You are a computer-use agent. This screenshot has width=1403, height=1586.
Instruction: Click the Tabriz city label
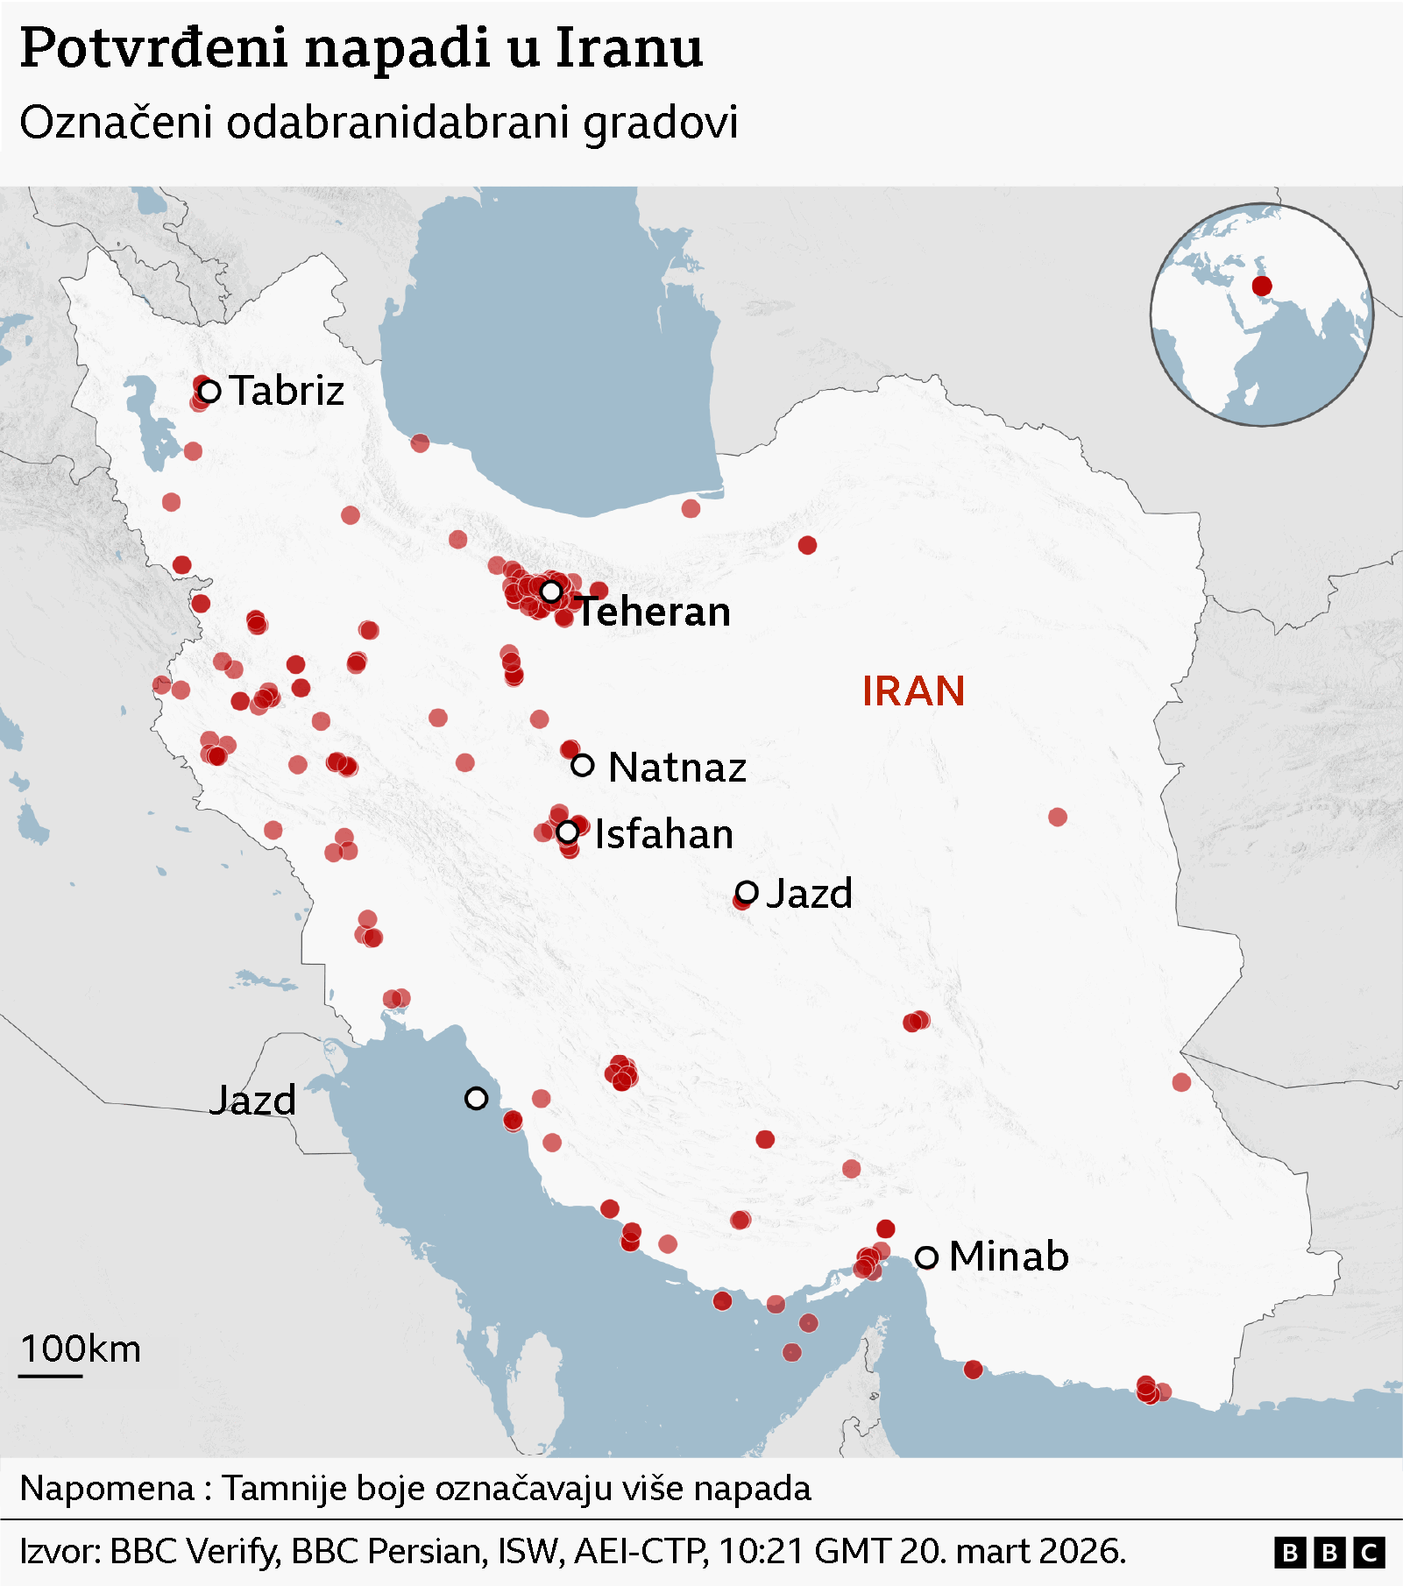click(287, 390)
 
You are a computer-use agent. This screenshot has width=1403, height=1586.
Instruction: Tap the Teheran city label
click(654, 612)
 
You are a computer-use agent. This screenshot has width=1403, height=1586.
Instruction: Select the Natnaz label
click(677, 768)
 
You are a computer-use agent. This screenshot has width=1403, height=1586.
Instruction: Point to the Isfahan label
click(664, 834)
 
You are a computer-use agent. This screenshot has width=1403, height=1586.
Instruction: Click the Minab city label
click(1009, 1257)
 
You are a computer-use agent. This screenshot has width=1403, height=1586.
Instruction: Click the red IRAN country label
click(913, 691)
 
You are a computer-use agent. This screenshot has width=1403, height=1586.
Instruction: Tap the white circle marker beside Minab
click(926, 1257)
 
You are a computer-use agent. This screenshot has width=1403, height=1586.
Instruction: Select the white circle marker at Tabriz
click(209, 391)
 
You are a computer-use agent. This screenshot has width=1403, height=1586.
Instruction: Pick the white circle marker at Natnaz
click(583, 765)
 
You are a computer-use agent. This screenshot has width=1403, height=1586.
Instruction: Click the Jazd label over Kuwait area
click(252, 1101)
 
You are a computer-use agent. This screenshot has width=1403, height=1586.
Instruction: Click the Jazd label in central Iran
click(809, 894)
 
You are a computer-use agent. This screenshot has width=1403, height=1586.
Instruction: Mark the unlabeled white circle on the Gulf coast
click(476, 1098)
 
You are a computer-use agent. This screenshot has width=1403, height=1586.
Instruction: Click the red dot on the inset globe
click(1262, 286)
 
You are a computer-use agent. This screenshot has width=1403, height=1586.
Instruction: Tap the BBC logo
click(1329, 1553)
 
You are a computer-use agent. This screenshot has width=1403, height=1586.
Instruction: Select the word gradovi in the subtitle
click(661, 123)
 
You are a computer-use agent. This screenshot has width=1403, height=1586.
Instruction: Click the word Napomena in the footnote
click(107, 1489)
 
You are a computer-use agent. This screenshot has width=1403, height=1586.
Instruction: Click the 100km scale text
click(81, 1349)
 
